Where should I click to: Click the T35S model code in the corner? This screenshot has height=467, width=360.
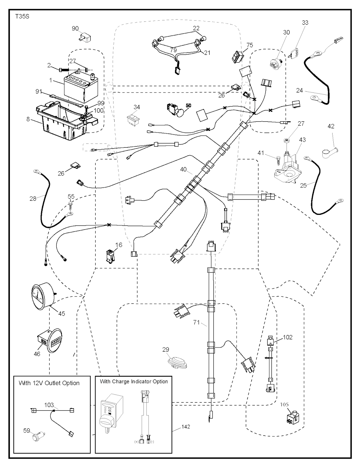pos(21,17)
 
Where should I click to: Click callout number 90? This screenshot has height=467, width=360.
pos(75,28)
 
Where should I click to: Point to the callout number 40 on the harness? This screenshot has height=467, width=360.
pos(183,169)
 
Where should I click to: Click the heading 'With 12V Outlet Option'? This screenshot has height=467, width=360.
pos(49,383)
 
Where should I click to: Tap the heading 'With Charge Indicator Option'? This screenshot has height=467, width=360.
pos(134,382)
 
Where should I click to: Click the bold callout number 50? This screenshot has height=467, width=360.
pos(188,105)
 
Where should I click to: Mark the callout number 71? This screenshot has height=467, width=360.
pos(196,322)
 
